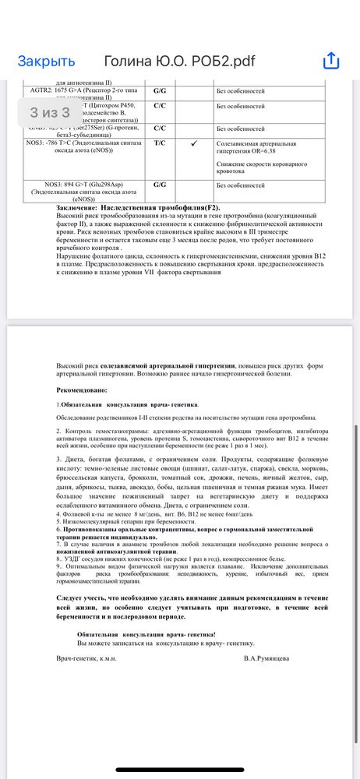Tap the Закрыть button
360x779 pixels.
click(x=46, y=62)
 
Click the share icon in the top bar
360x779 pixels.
click(x=331, y=61)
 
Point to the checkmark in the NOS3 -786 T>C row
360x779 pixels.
click(x=193, y=143)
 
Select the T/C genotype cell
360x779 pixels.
click(x=159, y=143)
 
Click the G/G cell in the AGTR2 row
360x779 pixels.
click(x=159, y=91)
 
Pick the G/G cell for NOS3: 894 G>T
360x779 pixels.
click(x=159, y=185)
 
